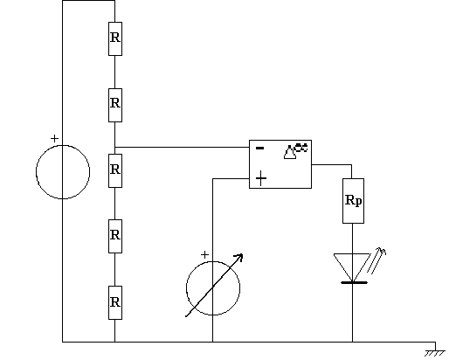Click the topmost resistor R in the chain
click(115, 38)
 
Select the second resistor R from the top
click(115, 105)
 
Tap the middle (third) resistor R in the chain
click(115, 170)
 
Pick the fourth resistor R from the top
click(115, 236)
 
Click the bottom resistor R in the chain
click(115, 302)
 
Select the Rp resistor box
click(353, 201)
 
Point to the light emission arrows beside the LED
click(376, 260)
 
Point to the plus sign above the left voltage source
click(54, 138)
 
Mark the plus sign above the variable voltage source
click(204, 255)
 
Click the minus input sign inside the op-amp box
click(259, 149)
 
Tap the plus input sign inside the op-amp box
click(261, 178)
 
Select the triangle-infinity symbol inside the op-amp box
click(295, 151)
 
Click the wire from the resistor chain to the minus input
click(182, 147)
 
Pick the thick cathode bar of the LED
click(354, 282)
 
